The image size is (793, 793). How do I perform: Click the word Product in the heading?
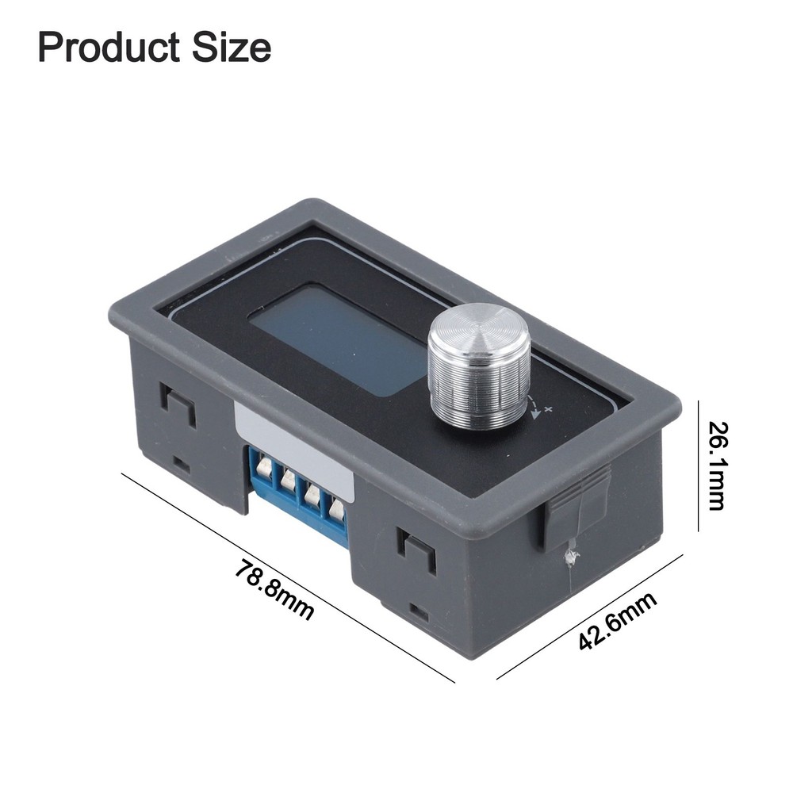pyautogui.click(x=109, y=48)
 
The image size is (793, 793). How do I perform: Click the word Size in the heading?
pyautogui.click(x=231, y=48)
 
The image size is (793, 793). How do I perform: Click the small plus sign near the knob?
pyautogui.click(x=548, y=408)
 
